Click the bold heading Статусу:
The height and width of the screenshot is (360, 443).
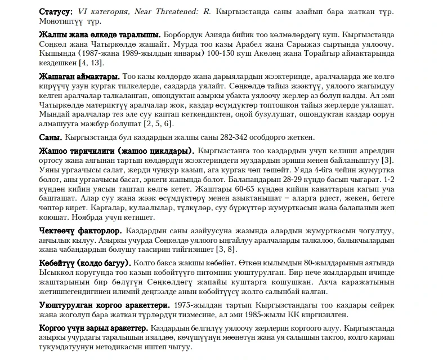[56, 12]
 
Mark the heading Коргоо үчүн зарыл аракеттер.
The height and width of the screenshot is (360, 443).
[93, 328]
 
